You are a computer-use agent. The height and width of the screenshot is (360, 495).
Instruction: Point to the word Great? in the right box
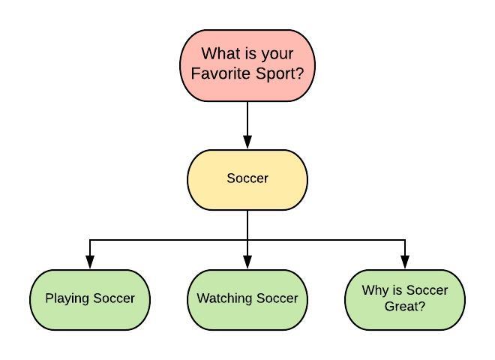tap(405, 306)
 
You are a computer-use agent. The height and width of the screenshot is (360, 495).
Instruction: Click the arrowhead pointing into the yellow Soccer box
tap(247, 142)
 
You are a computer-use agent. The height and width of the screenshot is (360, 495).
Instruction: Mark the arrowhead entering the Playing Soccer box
tap(90, 262)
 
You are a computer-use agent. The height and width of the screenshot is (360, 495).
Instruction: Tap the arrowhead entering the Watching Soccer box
tap(247, 262)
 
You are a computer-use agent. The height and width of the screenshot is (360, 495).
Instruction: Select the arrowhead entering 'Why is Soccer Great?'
tap(405, 262)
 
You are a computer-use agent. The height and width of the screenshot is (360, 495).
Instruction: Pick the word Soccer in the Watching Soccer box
tap(277, 298)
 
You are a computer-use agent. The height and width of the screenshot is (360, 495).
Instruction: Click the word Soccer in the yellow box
tap(247, 178)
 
